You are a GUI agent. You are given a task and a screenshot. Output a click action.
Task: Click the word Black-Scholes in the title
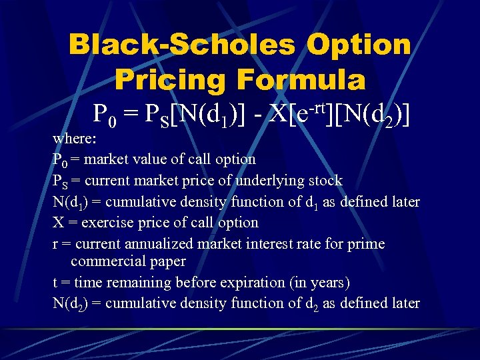coord(181,45)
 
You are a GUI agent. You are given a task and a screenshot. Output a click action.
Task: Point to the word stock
coord(325,180)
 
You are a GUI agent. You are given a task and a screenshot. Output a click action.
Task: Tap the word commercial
coord(109,261)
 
